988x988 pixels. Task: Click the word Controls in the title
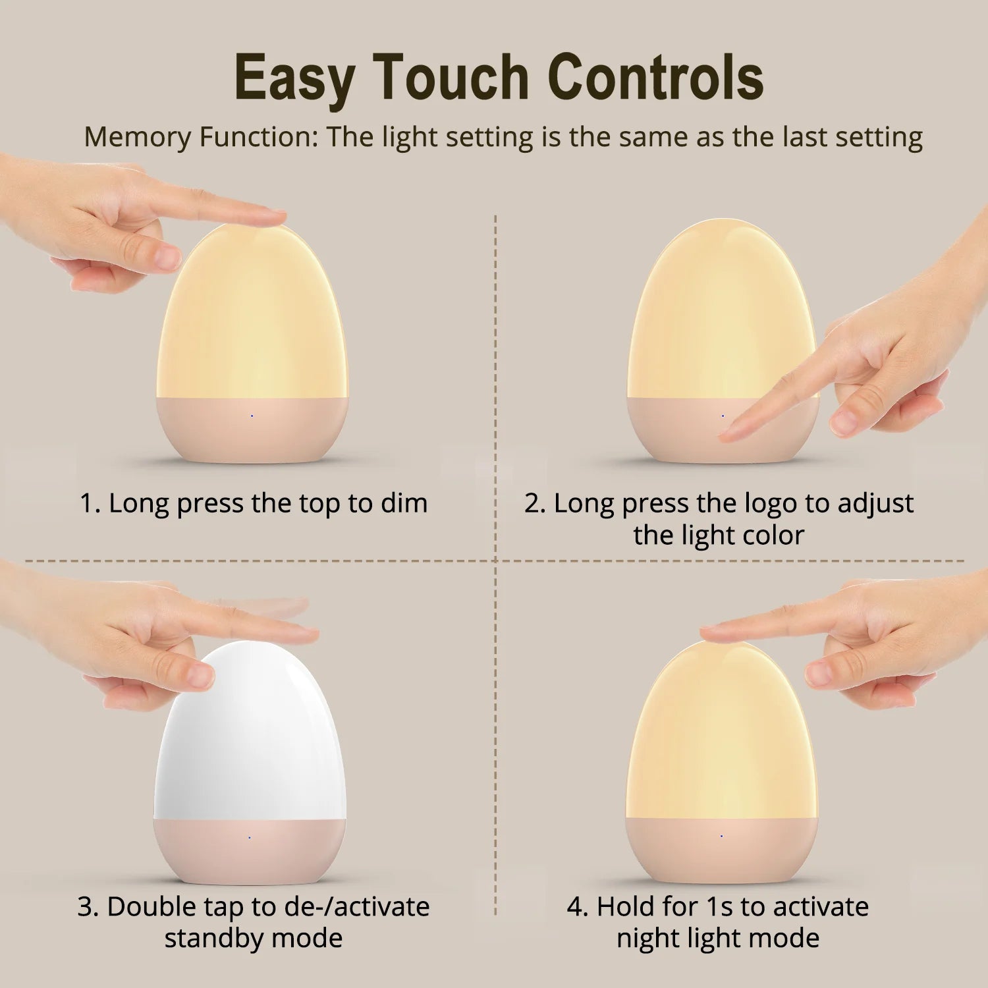655,78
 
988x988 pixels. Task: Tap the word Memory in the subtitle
138,137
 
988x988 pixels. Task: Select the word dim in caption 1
404,503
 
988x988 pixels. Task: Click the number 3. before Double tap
88,907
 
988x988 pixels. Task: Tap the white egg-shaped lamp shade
250,731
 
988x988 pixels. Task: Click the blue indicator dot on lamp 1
252,416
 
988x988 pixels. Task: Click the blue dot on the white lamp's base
250,837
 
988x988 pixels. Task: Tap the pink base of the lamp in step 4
721,850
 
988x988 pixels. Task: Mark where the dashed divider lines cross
495,561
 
